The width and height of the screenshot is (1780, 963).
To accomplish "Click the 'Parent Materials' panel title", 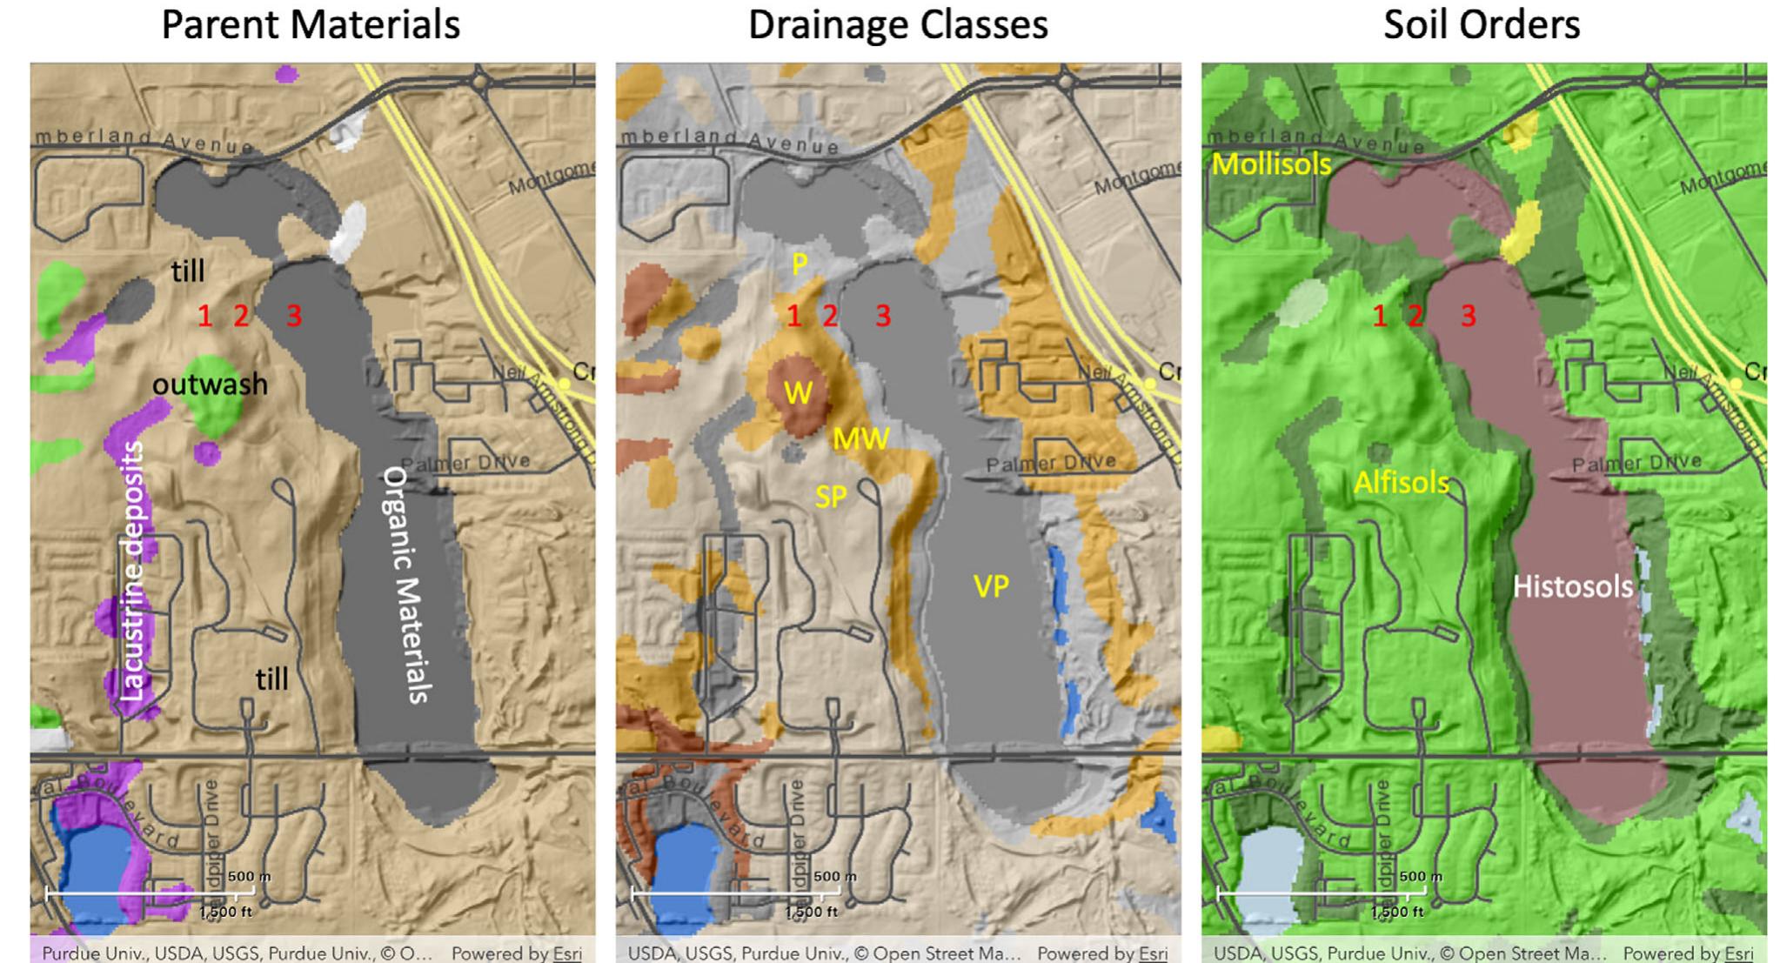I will coord(311,24).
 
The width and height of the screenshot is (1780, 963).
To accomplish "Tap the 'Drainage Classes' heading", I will coord(898,24).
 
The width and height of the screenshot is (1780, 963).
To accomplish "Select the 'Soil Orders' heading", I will coord(1482,24).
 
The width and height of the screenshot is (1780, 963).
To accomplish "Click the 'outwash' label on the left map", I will coord(210,384).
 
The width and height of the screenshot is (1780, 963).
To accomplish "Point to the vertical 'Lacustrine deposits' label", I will coord(131,571).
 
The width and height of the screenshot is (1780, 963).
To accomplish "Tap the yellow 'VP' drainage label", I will coord(991,586).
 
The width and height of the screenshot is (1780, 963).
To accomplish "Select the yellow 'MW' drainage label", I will coord(860,438).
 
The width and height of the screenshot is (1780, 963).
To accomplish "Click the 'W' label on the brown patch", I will coord(798,393).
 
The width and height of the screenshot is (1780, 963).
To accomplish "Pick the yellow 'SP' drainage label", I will coord(831,497).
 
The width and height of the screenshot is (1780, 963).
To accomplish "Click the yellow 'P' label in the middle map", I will coord(800,264).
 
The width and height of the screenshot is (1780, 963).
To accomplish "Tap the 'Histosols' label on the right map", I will coord(1572,586).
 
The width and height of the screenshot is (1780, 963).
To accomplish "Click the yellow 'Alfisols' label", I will coord(1401,483).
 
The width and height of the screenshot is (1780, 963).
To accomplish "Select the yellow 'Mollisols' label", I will coord(1271,164).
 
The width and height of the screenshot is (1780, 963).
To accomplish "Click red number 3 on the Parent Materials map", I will coord(294,316).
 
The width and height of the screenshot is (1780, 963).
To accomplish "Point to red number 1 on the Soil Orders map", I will coord(1379,316).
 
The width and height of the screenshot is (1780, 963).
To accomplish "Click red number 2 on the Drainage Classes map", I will coord(830,316).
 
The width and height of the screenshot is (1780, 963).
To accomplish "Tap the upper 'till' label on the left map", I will coord(187,271).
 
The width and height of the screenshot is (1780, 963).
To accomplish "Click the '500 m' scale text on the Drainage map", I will coord(833,876).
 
